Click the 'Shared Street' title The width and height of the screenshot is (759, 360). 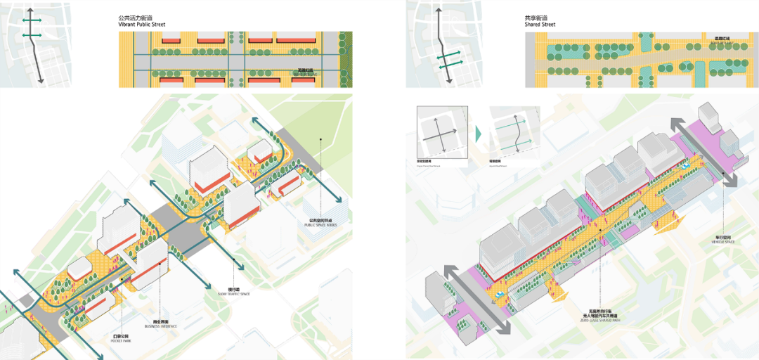click(x=540, y=25)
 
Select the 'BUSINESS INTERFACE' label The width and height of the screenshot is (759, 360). click(x=162, y=325)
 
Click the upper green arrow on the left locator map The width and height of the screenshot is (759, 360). click(x=32, y=21)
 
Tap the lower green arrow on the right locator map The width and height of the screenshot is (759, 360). click(x=450, y=66)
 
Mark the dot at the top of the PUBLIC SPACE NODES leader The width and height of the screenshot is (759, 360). click(x=320, y=140)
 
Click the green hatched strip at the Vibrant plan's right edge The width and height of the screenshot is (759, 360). click(x=345, y=59)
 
